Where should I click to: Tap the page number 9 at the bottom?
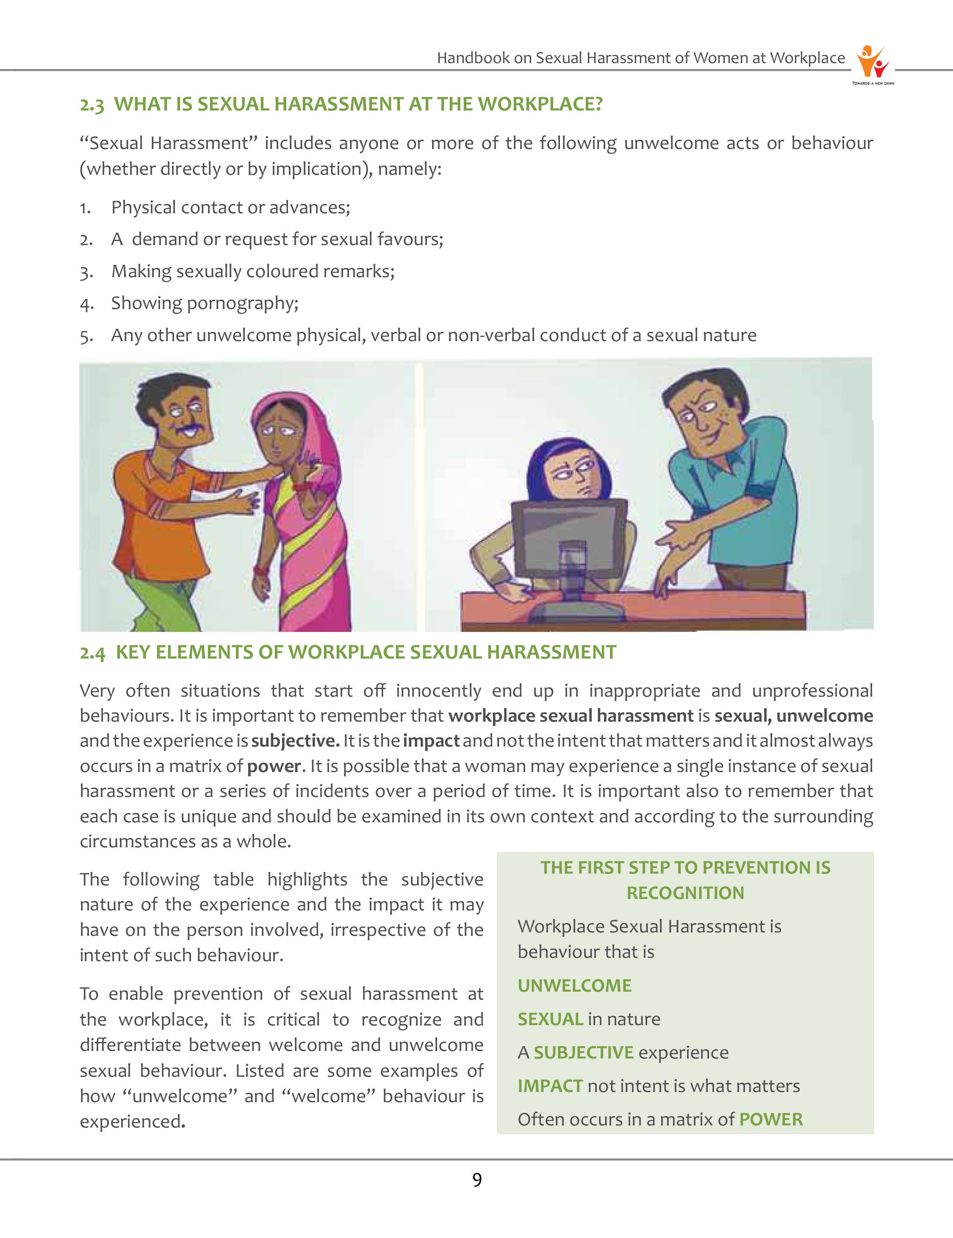point(477,1180)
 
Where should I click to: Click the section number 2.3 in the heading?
point(92,105)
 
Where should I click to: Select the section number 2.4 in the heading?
point(92,653)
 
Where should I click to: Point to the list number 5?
point(86,336)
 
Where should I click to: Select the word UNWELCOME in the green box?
point(574,986)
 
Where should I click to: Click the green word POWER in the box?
point(771,1119)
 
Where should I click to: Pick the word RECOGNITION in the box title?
point(685,893)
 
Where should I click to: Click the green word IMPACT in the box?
point(550,1086)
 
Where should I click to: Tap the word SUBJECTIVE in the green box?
point(583,1053)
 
